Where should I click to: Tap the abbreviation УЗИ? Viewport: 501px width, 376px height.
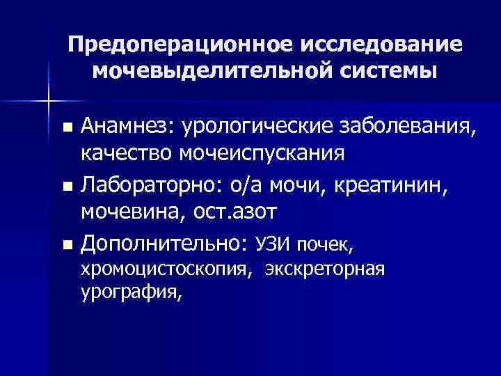pyautogui.click(x=274, y=244)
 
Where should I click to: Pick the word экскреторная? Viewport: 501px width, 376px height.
pyautogui.click(x=323, y=269)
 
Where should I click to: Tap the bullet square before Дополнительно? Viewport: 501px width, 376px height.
pyautogui.click(x=66, y=244)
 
